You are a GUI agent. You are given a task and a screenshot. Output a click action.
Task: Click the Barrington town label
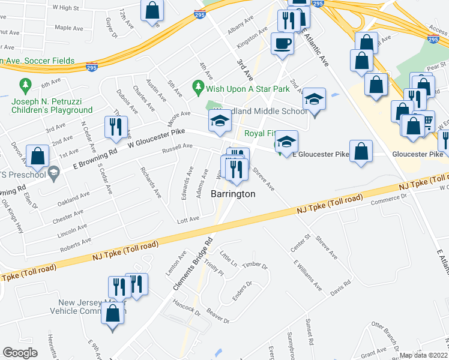point(233,194)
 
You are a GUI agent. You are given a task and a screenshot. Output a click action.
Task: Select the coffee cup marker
point(282,44)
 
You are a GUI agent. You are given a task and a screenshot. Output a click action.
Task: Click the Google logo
point(20,353)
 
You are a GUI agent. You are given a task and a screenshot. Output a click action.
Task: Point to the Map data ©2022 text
point(423,355)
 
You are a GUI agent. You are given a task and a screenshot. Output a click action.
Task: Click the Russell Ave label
point(179,146)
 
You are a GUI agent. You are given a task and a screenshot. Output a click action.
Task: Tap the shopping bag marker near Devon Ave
point(38,157)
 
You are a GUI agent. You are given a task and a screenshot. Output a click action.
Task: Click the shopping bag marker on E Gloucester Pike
point(361,152)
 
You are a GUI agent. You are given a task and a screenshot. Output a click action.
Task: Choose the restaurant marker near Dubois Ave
point(115,127)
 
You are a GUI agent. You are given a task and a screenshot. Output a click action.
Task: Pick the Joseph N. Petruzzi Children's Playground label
point(52,106)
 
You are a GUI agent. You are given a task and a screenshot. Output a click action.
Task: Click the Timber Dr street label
point(254,265)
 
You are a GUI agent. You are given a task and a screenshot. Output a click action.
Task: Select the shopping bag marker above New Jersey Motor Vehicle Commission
point(112,314)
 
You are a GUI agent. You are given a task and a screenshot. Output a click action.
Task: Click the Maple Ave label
point(68,28)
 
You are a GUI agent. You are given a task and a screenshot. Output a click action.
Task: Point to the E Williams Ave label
point(307,275)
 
